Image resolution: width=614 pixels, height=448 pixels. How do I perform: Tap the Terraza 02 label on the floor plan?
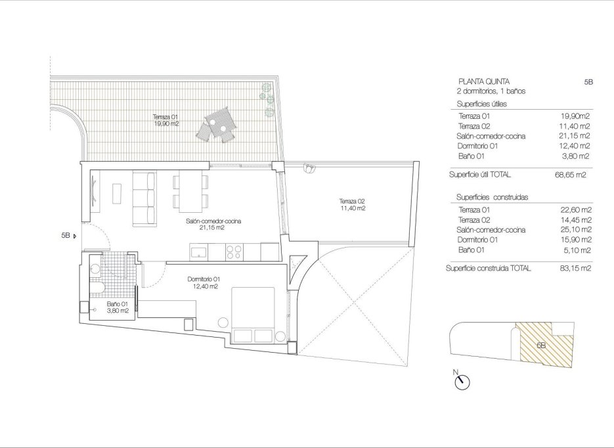click(352, 204)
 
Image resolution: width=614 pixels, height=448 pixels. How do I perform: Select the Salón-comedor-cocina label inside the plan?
click(213, 225)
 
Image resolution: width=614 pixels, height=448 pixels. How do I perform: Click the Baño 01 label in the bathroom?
click(118, 307)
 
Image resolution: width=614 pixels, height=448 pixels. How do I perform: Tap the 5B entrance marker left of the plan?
click(69, 235)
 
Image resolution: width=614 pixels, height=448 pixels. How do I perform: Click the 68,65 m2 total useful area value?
click(571, 175)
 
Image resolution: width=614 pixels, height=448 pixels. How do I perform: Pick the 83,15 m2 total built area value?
click(571, 269)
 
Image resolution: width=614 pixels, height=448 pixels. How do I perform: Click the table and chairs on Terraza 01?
click(217, 125)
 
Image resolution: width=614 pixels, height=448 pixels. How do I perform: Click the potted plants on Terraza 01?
click(268, 99)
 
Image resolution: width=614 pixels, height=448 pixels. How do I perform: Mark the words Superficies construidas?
click(487, 197)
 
